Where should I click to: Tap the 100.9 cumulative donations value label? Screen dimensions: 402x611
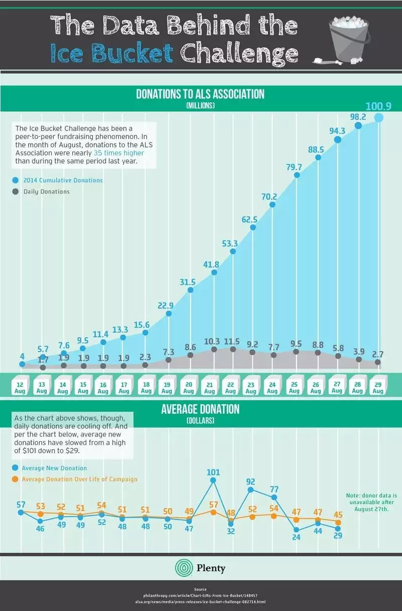pyautogui.click(x=378, y=106)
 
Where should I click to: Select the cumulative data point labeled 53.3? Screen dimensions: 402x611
pyautogui.click(x=233, y=251)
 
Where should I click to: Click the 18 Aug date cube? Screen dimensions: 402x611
pyautogui.click(x=146, y=385)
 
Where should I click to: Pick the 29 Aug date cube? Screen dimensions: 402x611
pyautogui.click(x=378, y=385)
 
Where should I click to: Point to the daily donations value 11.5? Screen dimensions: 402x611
pyautogui.click(x=232, y=341)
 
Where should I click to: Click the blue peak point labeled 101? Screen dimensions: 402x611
pyautogui.click(x=213, y=480)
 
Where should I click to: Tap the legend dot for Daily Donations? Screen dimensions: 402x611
pyautogui.click(x=16, y=191)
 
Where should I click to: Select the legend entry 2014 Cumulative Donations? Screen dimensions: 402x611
pyautogui.click(x=58, y=180)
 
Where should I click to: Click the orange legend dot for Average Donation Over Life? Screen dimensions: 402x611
pyautogui.click(x=15, y=479)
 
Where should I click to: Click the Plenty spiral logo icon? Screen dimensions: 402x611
pyautogui.click(x=184, y=568)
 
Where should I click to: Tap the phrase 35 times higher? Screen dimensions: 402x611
pyautogui.click(x=119, y=153)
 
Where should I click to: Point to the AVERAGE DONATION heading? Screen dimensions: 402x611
pyautogui.click(x=200, y=409)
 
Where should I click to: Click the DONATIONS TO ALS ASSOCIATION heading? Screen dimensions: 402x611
pyautogui.click(x=200, y=94)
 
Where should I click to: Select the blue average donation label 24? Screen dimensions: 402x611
pyautogui.click(x=296, y=537)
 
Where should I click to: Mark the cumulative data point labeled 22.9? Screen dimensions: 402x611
pyautogui.click(x=169, y=314)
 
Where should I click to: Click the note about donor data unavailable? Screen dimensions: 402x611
pyautogui.click(x=371, y=502)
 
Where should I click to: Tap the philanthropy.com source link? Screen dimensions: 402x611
pyautogui.click(x=200, y=595)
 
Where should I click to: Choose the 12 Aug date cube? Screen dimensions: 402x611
pyautogui.click(x=20, y=385)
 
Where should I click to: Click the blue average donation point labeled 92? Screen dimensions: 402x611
pyautogui.click(x=250, y=490)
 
